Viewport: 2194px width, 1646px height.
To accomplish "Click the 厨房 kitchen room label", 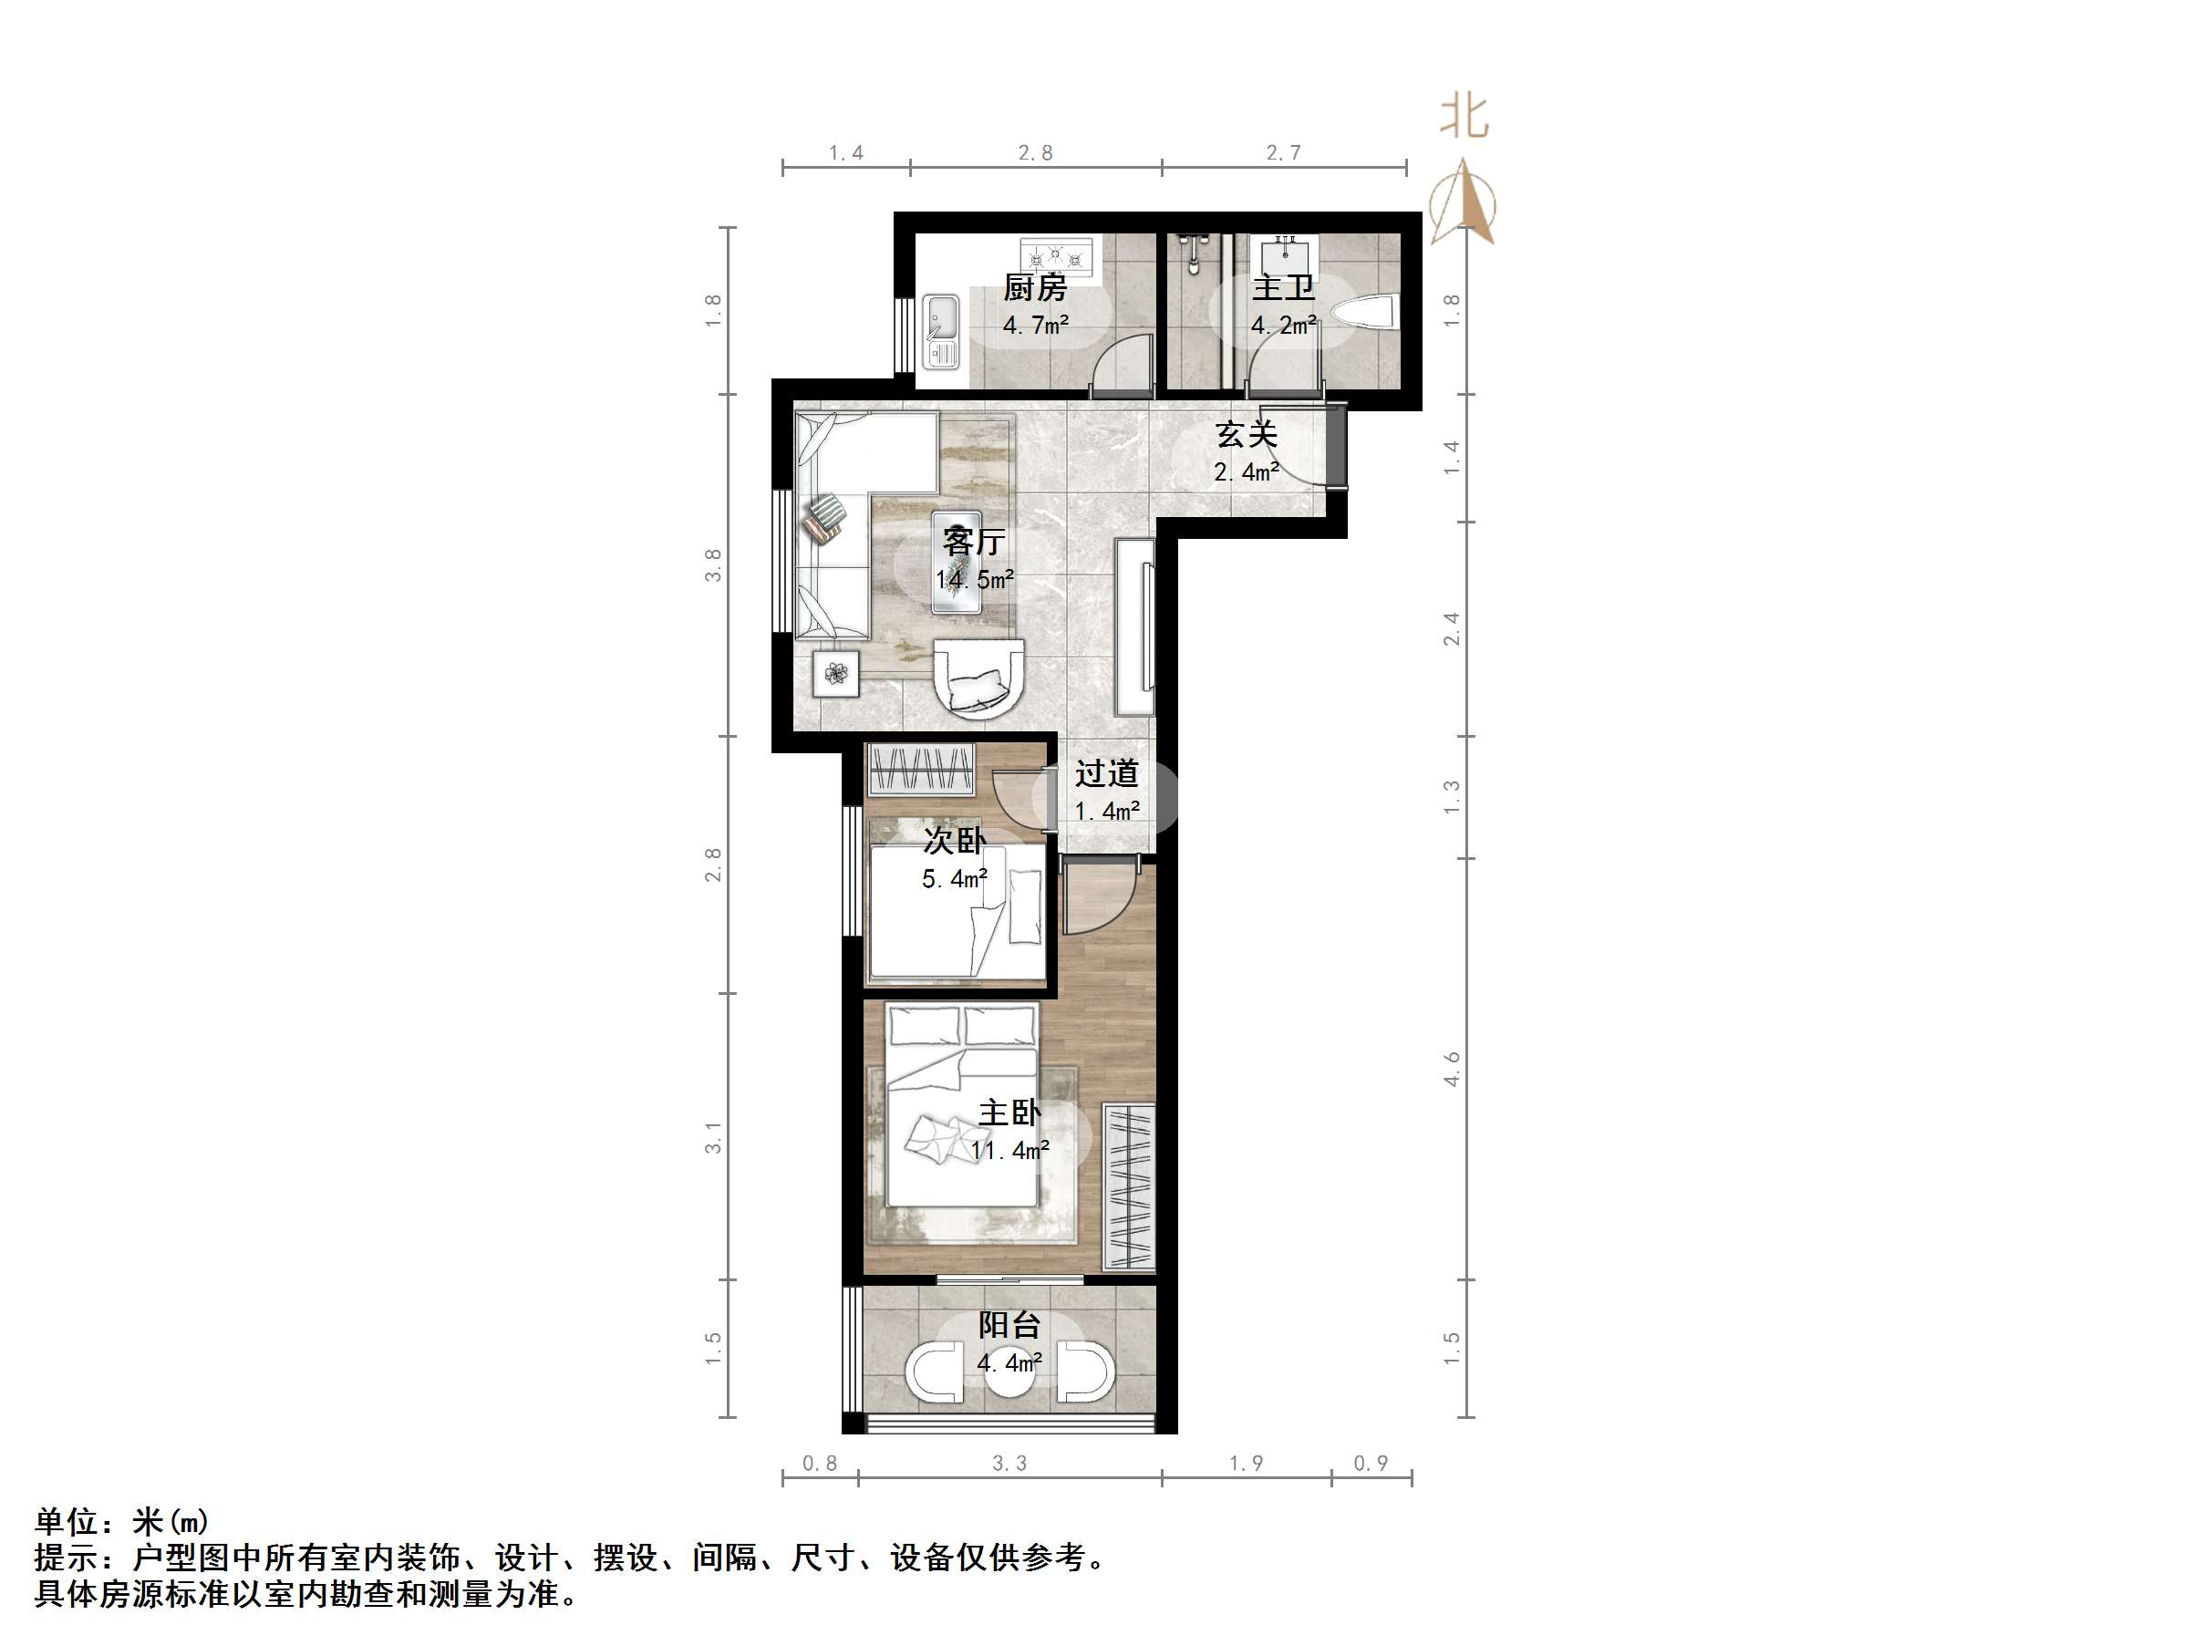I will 1034,288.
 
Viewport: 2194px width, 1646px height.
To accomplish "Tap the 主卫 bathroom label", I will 1282,288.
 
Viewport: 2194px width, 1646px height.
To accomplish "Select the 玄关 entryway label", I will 1246,433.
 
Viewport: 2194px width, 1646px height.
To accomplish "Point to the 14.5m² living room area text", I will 974,579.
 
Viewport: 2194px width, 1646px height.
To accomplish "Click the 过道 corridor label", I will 1106,773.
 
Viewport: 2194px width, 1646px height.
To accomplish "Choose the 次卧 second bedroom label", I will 954,841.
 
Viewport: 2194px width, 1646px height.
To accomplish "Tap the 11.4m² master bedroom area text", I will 1009,1151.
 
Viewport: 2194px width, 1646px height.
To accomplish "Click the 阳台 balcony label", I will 1009,1324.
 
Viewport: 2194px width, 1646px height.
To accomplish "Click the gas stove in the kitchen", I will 1055,257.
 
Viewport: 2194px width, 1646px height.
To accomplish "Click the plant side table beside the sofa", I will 836,675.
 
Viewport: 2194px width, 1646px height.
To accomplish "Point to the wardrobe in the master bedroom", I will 1129,1186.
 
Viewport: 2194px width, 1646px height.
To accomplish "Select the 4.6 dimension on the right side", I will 1451,1069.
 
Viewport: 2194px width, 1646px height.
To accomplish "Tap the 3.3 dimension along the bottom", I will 1009,1464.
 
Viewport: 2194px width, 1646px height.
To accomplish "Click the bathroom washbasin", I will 1283,254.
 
